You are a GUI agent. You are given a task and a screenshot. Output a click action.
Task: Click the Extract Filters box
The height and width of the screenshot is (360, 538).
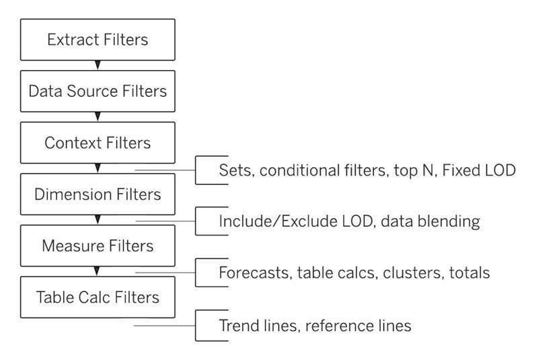[x=98, y=40]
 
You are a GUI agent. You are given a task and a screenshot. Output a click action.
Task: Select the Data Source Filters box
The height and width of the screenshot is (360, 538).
[x=98, y=92]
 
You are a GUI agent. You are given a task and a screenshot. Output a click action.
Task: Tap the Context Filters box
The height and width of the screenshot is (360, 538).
[x=98, y=143]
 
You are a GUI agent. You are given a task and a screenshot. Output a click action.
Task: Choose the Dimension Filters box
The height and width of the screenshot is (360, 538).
[x=98, y=194]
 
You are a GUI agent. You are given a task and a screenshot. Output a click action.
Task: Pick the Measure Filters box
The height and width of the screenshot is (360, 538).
[x=98, y=246]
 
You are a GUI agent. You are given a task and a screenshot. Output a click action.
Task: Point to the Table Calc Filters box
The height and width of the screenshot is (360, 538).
[x=98, y=297]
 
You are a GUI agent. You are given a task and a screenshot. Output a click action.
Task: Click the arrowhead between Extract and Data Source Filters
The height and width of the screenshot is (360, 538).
[x=98, y=65]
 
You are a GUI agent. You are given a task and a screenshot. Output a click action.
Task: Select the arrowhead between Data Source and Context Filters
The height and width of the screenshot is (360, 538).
[x=98, y=116]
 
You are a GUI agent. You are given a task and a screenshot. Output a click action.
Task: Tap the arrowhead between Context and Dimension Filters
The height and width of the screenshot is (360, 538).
[x=98, y=168]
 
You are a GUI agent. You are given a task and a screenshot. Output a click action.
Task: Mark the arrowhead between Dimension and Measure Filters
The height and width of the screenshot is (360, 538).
[x=98, y=219]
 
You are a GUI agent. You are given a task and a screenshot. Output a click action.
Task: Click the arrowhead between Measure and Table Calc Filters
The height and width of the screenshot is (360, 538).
[x=97, y=271]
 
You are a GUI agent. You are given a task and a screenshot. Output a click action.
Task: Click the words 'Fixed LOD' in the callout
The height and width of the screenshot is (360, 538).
[x=479, y=170]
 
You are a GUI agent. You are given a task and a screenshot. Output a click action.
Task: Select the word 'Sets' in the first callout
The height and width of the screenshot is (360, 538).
[x=235, y=170]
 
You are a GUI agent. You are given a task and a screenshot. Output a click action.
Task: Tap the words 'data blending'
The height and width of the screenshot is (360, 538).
[x=430, y=221]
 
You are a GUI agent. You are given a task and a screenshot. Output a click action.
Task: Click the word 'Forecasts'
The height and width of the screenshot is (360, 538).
[x=256, y=273]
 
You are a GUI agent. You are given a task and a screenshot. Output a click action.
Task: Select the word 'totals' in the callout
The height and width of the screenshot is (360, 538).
[x=469, y=273]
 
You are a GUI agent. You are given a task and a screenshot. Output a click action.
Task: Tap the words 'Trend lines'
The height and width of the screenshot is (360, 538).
[x=258, y=326]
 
